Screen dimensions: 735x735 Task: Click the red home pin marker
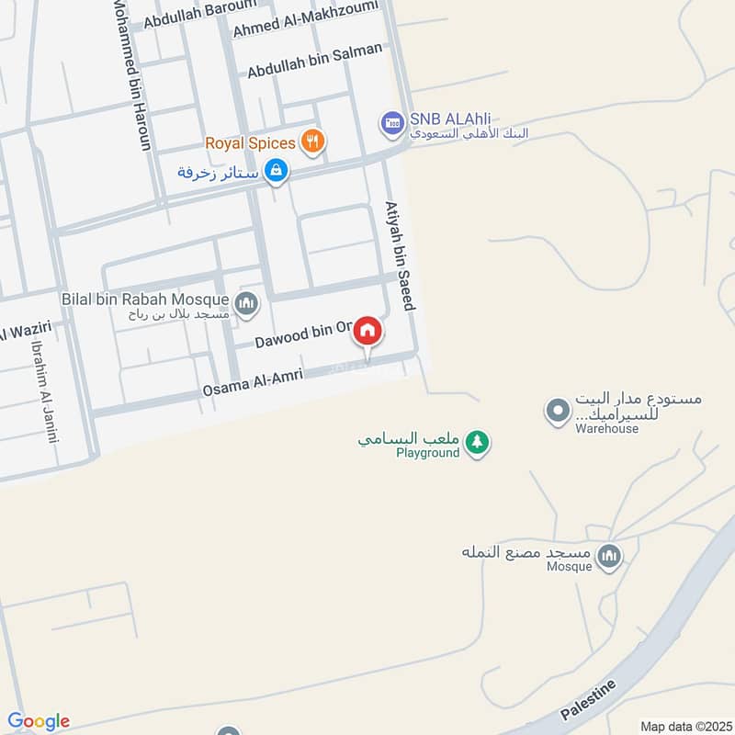367,331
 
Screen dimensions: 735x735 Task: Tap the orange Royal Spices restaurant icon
313,142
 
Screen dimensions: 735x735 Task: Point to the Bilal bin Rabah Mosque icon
246,303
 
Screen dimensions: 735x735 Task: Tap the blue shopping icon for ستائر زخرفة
275,170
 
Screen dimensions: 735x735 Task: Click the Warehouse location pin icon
557,411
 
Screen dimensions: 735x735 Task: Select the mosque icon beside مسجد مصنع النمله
609,555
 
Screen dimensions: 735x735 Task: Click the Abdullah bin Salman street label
314,61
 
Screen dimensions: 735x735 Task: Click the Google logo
39,721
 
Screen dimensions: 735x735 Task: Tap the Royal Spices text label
250,142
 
